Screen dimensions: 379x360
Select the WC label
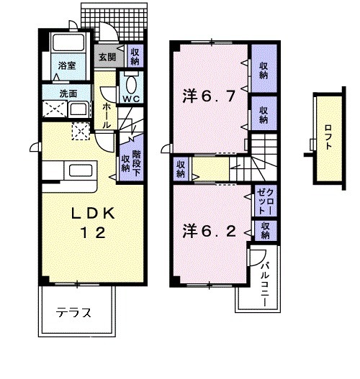pyautogui.click(x=130, y=98)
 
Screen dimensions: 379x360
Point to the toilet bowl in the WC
pyautogui.click(x=132, y=80)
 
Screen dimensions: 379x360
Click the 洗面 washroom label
pyautogui.click(x=68, y=93)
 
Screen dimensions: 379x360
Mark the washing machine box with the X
pyautogui.click(x=55, y=111)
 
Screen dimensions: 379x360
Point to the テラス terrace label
pyautogui.click(x=74, y=313)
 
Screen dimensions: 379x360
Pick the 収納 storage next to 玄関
pyautogui.click(x=135, y=55)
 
